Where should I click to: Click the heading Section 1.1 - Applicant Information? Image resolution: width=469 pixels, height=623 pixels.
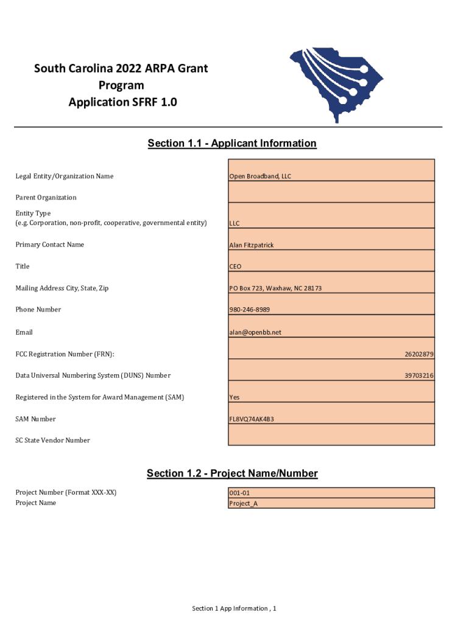[232, 144]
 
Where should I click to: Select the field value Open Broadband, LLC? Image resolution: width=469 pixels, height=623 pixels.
[260, 176]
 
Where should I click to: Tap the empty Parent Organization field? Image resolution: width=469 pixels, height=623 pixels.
[331, 192]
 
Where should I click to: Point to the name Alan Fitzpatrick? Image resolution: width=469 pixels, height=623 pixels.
[252, 245]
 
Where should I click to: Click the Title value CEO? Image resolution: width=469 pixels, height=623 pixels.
[235, 266]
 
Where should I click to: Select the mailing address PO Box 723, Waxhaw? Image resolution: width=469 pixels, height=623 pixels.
[275, 288]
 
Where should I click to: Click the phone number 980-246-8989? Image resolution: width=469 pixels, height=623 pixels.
[250, 310]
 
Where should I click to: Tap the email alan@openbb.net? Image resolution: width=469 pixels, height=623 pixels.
[255, 332]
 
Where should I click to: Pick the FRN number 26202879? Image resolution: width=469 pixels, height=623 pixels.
[419, 354]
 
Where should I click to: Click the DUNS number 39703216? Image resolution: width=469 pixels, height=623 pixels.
[419, 376]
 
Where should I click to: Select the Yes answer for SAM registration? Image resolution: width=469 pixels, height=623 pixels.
[234, 397]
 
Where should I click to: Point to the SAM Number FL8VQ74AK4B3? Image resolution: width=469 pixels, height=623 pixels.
[252, 419]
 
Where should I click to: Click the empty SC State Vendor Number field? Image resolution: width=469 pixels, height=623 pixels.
[331, 434]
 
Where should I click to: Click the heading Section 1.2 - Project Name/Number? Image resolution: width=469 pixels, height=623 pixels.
[232, 473]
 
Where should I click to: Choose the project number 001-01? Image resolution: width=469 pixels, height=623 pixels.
[239, 493]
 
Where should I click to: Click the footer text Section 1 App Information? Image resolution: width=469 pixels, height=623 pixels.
[234, 608]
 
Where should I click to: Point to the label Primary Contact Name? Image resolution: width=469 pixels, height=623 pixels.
[50, 245]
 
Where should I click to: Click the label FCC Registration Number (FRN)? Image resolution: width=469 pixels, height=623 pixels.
[65, 354]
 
